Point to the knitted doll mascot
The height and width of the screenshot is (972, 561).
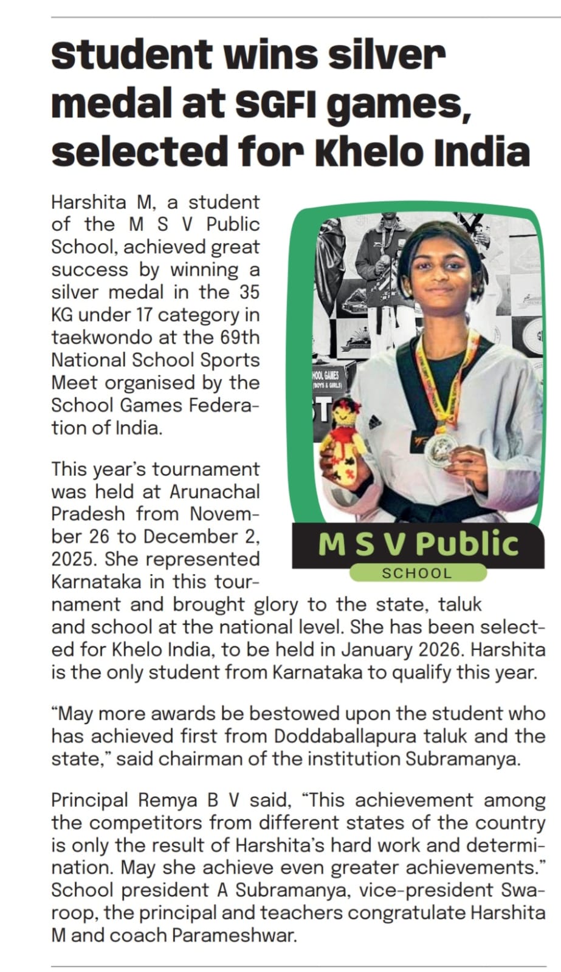(x=346, y=443)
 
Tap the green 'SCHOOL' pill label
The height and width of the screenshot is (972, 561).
(x=417, y=573)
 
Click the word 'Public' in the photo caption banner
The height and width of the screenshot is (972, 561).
(x=467, y=543)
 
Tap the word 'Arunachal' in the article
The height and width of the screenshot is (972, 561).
(x=215, y=491)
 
